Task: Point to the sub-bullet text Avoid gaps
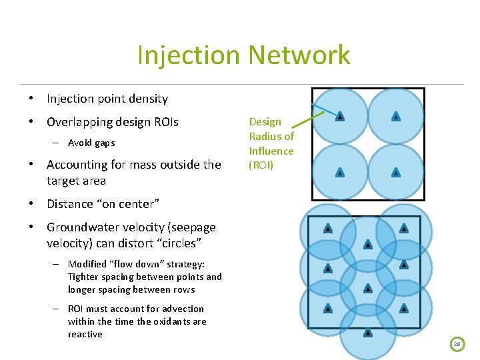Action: [x=91, y=143]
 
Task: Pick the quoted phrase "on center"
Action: [x=133, y=204]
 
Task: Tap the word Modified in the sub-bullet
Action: [x=87, y=264]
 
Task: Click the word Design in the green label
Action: [x=265, y=122]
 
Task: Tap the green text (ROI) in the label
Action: [x=261, y=165]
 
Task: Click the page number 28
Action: [x=457, y=344]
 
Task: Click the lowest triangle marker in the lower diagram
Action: [x=367, y=332]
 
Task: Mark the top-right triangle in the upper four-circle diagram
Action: [x=396, y=117]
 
